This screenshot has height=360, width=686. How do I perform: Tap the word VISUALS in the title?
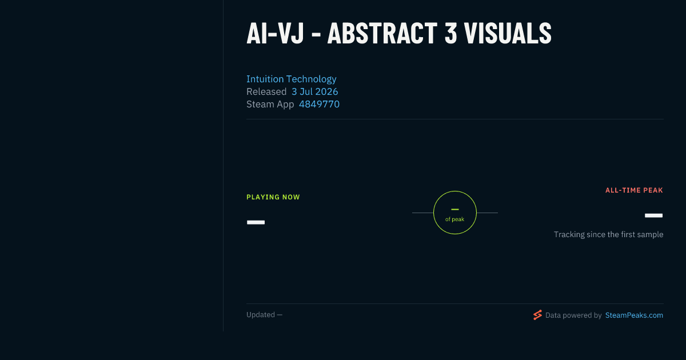508,33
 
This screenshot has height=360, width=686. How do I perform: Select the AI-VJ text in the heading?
275,33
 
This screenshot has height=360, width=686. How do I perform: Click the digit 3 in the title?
450,33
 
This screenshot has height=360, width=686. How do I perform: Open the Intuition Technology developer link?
291,79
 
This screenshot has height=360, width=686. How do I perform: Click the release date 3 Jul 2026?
315,91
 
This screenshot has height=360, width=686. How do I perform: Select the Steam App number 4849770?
319,104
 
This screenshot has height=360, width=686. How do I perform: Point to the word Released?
266,91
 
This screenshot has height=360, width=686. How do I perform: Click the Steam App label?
270,105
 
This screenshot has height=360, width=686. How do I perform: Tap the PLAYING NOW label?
273,197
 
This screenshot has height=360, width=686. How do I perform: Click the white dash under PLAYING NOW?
256,222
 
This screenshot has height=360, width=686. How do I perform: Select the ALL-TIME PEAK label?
634,190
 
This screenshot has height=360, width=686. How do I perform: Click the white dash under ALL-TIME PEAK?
653,215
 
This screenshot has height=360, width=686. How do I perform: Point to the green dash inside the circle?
455,209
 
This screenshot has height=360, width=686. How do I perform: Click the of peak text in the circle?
455,219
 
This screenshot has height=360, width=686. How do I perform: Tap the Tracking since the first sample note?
608,234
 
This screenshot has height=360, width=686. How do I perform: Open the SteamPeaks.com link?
634,315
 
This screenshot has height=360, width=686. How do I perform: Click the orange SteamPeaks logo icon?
537,315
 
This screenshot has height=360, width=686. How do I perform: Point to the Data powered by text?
573,315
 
